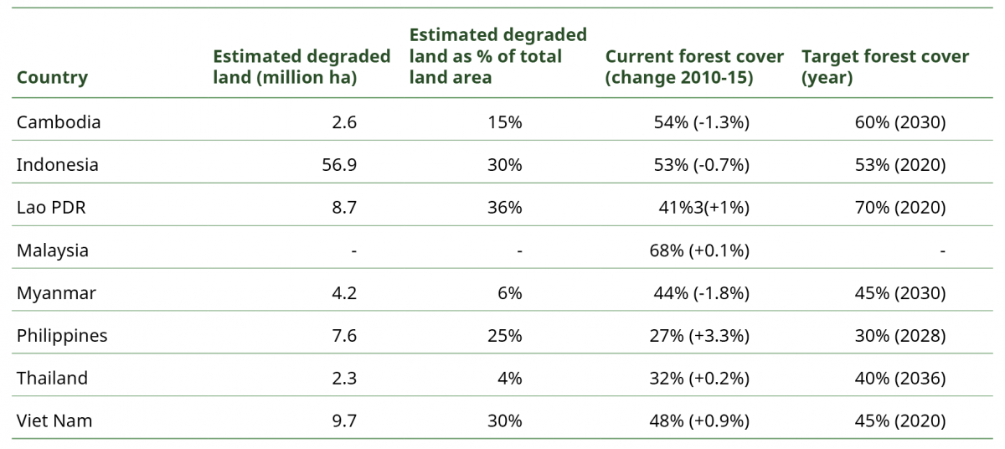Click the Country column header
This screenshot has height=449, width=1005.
52,77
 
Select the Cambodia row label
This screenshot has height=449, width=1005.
59,122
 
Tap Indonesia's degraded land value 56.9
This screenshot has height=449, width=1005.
339,165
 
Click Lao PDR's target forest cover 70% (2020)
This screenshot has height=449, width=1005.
900,207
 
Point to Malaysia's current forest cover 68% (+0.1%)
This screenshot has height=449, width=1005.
699,250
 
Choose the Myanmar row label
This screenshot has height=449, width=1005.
56,293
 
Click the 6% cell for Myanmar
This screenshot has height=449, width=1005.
510,293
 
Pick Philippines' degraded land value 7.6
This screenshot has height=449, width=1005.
344,336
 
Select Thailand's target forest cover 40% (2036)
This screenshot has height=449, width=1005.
900,378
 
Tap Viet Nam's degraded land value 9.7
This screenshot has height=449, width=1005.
344,421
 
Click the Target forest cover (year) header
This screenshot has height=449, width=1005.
885,67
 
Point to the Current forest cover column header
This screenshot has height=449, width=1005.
694,67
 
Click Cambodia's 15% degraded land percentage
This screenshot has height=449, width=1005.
505,122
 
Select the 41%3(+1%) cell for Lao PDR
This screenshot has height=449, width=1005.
704,207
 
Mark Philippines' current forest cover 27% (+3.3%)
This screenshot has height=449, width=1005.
699,336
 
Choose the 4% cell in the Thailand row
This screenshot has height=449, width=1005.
510,378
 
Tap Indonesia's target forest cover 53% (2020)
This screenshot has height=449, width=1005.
900,165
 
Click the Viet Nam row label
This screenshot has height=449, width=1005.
54,421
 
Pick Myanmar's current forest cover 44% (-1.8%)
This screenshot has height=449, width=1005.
701,293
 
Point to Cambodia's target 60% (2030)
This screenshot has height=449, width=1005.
900,122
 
